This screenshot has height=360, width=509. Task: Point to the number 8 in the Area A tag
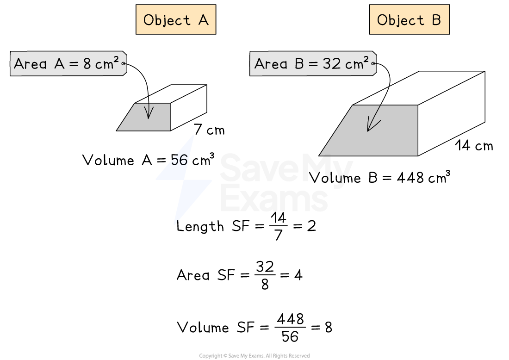87,64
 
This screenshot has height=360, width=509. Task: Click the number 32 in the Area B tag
332,64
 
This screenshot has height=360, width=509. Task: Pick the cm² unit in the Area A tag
107,63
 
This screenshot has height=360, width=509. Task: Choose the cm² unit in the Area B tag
357,63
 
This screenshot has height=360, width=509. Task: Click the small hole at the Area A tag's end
124,64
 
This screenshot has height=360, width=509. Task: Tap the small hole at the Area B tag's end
373,64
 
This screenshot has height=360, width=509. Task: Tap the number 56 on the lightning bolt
180,161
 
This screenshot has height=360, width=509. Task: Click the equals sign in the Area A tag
74,64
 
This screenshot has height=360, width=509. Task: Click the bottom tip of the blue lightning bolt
175,223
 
